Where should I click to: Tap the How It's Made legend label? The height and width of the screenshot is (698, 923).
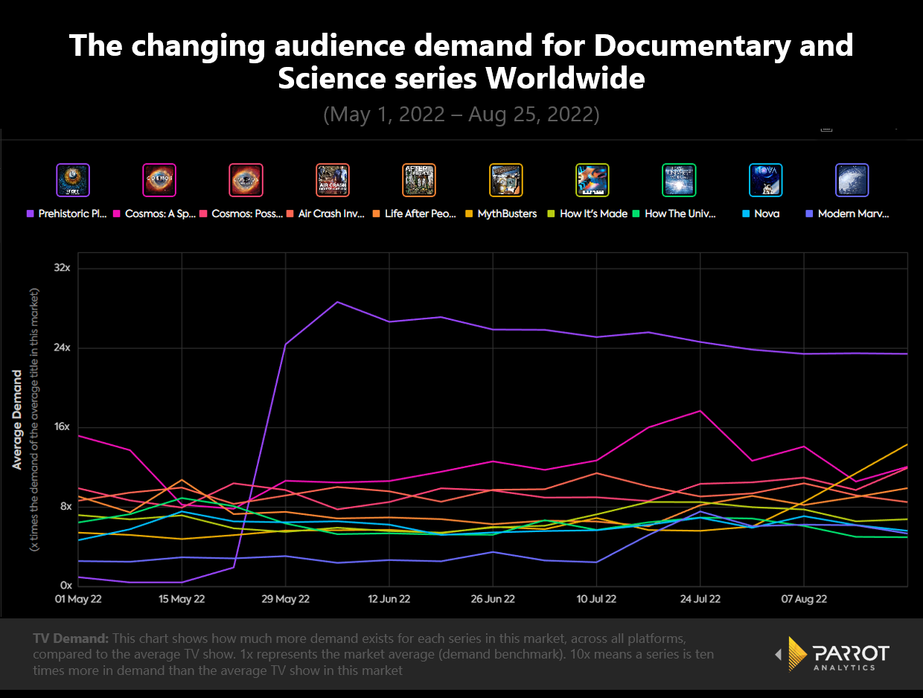pyautogui.click(x=593, y=214)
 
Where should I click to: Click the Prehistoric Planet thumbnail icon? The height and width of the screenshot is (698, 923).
pyautogui.click(x=73, y=180)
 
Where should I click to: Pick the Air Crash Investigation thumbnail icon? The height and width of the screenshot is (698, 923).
pyautogui.click(x=332, y=180)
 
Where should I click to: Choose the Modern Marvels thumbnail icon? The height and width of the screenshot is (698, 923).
pyautogui.click(x=852, y=180)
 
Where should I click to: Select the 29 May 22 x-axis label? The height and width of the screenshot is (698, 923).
pyautogui.click(x=286, y=599)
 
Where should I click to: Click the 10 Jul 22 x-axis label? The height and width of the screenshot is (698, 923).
pyautogui.click(x=596, y=599)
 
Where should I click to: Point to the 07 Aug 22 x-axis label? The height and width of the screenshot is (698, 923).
pyautogui.click(x=804, y=599)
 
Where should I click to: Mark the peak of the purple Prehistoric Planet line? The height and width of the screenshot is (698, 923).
pyautogui.click(x=338, y=302)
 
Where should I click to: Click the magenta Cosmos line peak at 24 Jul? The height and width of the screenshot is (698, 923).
pyautogui.click(x=700, y=411)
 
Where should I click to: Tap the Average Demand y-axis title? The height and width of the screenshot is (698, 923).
pyautogui.click(x=17, y=420)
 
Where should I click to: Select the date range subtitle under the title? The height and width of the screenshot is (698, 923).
pyautogui.click(x=461, y=115)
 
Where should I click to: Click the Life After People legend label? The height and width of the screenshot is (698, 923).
pyautogui.click(x=420, y=214)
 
